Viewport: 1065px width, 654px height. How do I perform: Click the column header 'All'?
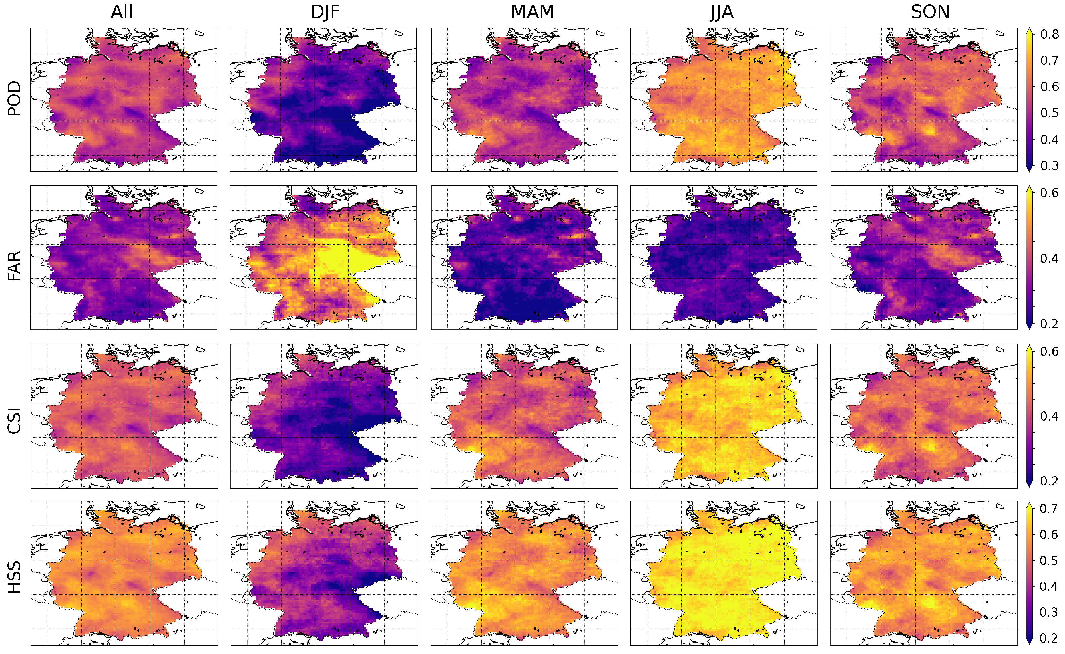tap(122, 12)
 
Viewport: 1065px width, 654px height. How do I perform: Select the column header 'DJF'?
tap(325, 12)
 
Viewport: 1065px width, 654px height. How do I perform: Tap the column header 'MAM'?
tap(532, 12)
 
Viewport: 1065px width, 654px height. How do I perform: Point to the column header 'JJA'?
tap(722, 12)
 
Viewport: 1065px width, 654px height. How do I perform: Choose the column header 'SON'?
tap(930, 12)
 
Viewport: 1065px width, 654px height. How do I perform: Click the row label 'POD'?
tap(14, 99)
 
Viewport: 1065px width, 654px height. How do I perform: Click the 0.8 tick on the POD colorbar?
tap(1049, 34)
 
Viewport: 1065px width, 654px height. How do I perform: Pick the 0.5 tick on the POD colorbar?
tap(1049, 113)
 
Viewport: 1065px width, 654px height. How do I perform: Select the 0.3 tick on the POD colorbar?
tap(1049, 166)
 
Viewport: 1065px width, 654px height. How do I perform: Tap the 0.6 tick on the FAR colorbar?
tap(1049, 193)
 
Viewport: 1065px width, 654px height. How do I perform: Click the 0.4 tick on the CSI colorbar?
tap(1049, 416)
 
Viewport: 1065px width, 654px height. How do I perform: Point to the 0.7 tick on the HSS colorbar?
tap(1049, 509)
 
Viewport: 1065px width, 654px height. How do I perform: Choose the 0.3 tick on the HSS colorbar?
tap(1049, 612)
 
